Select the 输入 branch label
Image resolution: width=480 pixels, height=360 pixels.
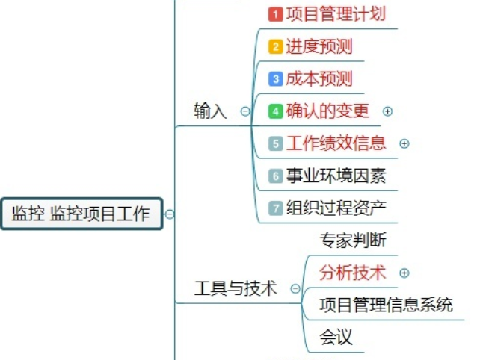point(210,111)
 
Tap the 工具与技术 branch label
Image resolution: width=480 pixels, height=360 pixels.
point(236,288)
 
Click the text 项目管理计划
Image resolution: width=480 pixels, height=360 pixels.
point(336,13)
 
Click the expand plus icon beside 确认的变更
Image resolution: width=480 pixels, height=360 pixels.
point(387,111)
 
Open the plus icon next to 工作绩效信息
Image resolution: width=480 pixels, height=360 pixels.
point(404,143)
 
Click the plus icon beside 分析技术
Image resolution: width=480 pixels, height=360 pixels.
point(404,273)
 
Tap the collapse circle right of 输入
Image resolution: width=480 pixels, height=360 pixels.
point(245,111)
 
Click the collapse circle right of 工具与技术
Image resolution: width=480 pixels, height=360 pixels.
point(295,288)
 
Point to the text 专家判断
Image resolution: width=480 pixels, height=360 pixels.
point(353,240)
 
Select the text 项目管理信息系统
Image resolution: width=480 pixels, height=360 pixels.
point(386,305)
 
